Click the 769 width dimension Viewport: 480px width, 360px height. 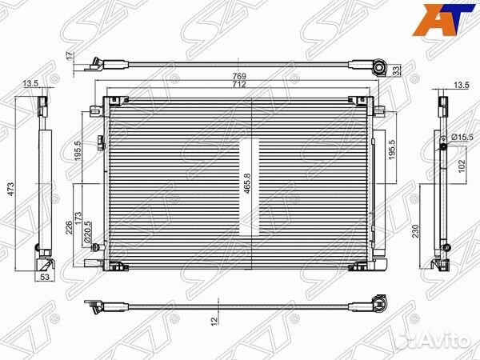(x=239, y=76)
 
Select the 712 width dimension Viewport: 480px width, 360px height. (x=239, y=84)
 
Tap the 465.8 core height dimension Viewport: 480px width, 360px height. (x=247, y=183)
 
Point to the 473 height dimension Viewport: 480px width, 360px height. (x=10, y=190)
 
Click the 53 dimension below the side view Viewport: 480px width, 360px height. (x=45, y=278)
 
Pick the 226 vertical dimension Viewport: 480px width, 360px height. (x=69, y=227)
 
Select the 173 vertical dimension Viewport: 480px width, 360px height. (x=78, y=218)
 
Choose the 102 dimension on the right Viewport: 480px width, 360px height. (x=462, y=166)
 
